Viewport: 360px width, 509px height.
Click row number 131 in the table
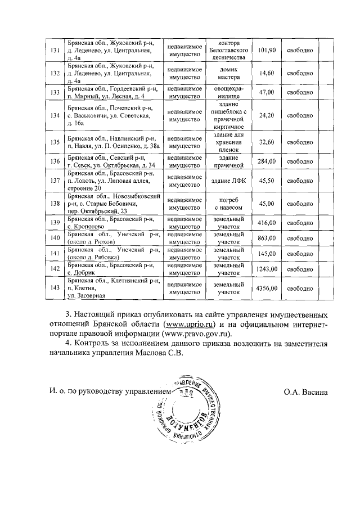coord(55,51)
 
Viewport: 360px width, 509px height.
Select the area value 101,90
coord(265,51)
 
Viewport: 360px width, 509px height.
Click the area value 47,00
coord(265,92)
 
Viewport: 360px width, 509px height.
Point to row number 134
coord(55,115)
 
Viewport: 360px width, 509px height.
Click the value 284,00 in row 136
coord(265,162)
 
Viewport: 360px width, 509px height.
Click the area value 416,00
coord(265,223)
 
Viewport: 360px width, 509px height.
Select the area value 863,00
coord(265,238)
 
